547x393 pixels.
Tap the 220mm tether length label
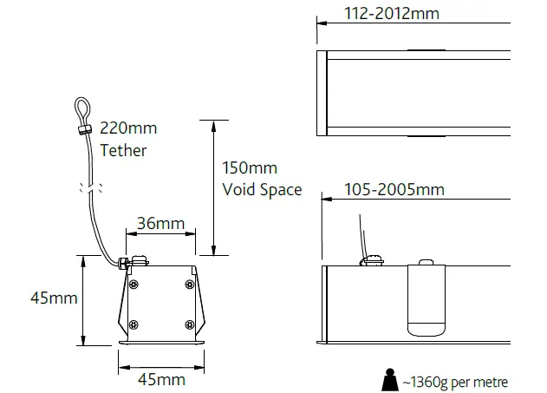click(128, 129)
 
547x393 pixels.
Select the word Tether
click(123, 150)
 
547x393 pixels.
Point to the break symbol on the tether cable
click(91, 186)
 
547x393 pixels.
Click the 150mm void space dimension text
click(250, 167)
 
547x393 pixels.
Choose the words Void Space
click(262, 189)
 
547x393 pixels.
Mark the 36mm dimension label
click(160, 224)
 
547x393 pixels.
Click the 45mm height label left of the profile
click(54, 298)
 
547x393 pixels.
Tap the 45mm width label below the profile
click(160, 379)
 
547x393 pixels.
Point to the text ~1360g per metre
click(455, 381)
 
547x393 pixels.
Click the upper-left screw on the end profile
click(133, 285)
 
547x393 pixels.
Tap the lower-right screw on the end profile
click(188, 324)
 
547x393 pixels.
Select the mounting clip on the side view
click(426, 298)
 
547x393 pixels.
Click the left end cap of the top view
click(322, 94)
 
